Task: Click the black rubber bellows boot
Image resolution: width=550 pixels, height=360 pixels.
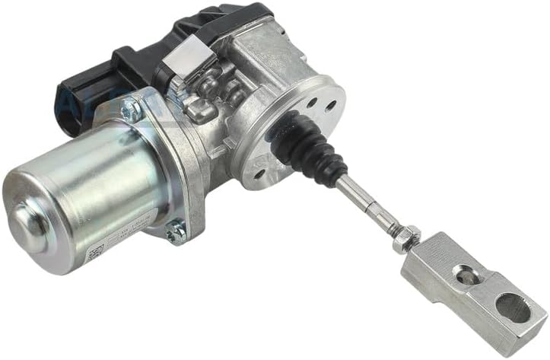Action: tap(310, 145)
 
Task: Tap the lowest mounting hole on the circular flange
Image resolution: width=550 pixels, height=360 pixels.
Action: tap(261, 174)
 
